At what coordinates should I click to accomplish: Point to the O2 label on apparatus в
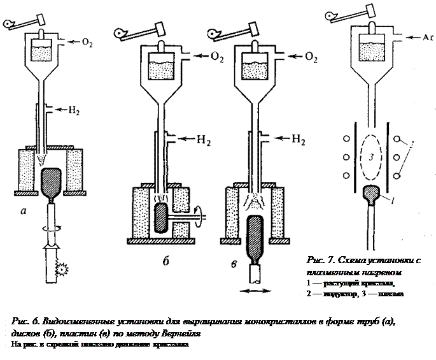click(x=311, y=58)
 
